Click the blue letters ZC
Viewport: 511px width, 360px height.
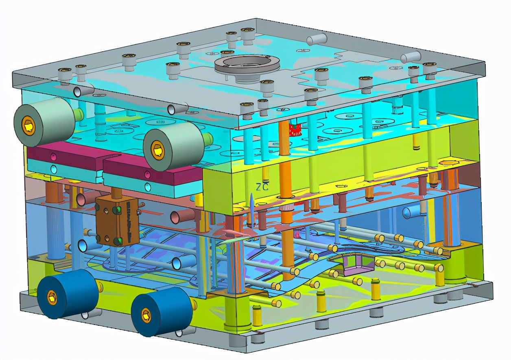click(x=262, y=187)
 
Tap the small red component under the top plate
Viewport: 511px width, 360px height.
click(x=295, y=130)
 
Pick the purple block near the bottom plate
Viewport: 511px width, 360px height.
click(x=358, y=265)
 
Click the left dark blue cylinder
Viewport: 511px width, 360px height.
click(x=68, y=294)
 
